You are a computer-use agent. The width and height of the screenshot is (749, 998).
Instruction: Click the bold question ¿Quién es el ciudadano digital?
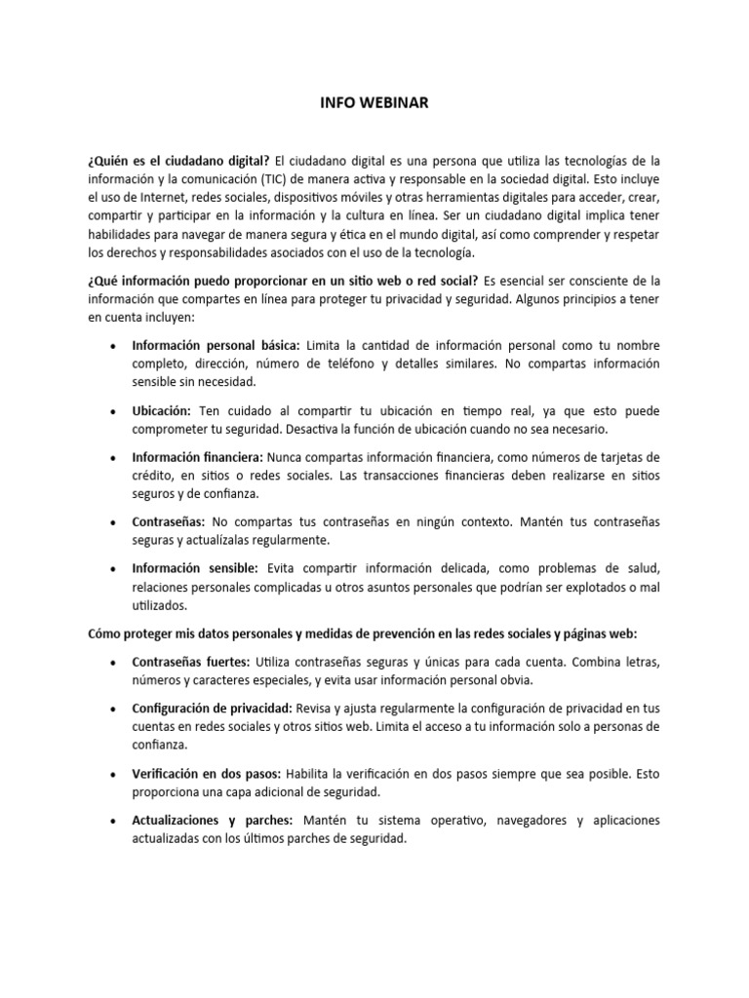178,160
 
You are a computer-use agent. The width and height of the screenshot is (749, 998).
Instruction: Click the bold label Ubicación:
162,410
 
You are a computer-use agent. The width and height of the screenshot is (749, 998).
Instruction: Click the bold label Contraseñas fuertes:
191,662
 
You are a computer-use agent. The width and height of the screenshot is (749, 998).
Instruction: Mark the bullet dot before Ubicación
114,411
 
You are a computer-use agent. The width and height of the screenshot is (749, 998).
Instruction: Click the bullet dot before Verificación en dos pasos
114,774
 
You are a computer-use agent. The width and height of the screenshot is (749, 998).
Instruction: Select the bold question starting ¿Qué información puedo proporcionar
269,281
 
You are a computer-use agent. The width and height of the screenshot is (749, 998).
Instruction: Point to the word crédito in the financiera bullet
154,476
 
